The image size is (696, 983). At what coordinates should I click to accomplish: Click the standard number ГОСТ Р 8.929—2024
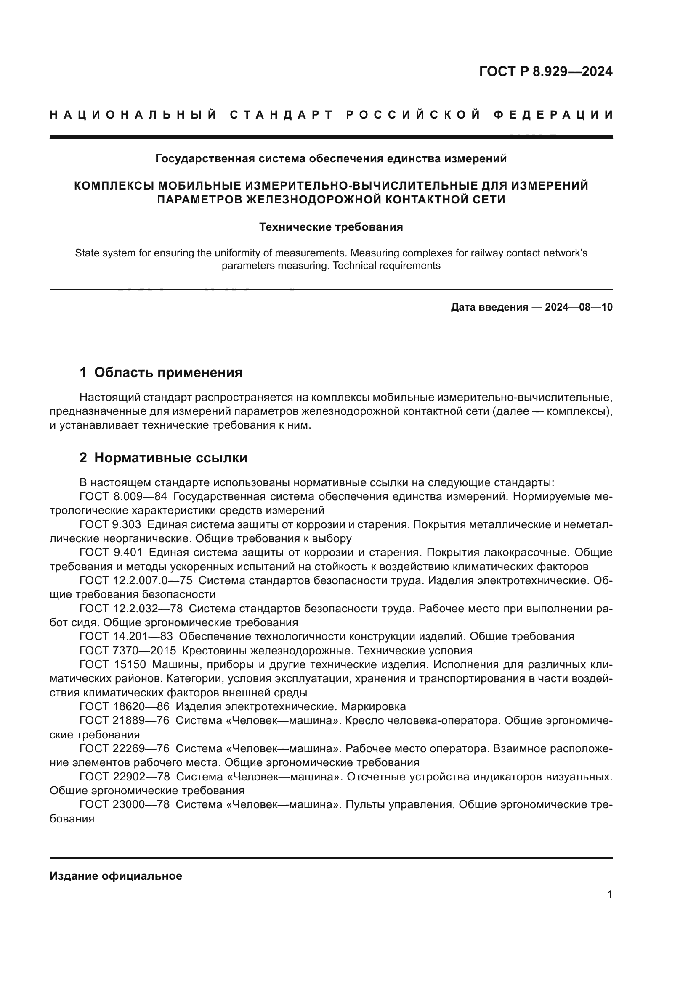click(x=546, y=71)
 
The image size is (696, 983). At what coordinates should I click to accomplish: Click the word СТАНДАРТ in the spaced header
click(x=282, y=115)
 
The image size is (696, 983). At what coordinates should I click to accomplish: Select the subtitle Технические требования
click(x=331, y=227)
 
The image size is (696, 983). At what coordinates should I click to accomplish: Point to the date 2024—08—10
click(x=579, y=307)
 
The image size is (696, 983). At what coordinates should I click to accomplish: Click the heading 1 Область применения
click(x=161, y=372)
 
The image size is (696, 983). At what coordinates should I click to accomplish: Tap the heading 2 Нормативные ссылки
click(x=163, y=458)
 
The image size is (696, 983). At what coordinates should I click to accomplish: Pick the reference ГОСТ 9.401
click(x=111, y=553)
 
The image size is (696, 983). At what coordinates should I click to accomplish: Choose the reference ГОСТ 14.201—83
click(x=126, y=636)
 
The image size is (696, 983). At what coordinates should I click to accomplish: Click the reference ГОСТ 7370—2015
click(x=128, y=651)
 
